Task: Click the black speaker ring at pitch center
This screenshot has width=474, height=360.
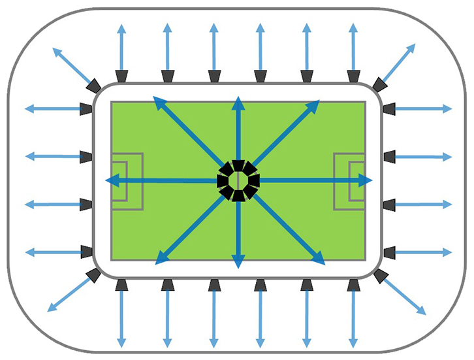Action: (238, 180)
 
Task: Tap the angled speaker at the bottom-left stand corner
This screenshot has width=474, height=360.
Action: (94, 275)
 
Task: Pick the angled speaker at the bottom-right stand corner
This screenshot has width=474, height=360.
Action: (380, 275)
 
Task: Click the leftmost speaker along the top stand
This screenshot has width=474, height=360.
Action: (121, 76)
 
